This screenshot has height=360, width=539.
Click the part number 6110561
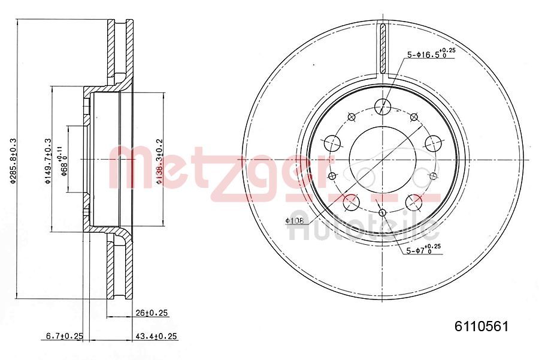(482, 326)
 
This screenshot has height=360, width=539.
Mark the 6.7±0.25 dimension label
(63, 336)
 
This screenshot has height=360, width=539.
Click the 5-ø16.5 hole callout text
(430, 54)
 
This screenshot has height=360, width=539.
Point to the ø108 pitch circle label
(295, 221)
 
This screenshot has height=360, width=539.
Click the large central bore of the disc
(381, 158)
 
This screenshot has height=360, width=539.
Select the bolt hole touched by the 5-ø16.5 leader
(382, 107)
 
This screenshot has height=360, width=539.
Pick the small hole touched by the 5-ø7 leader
(382, 212)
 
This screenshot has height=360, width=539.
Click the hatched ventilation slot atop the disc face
(382, 48)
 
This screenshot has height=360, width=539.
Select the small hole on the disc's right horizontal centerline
(433, 175)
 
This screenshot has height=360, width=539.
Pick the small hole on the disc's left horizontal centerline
(331, 175)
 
